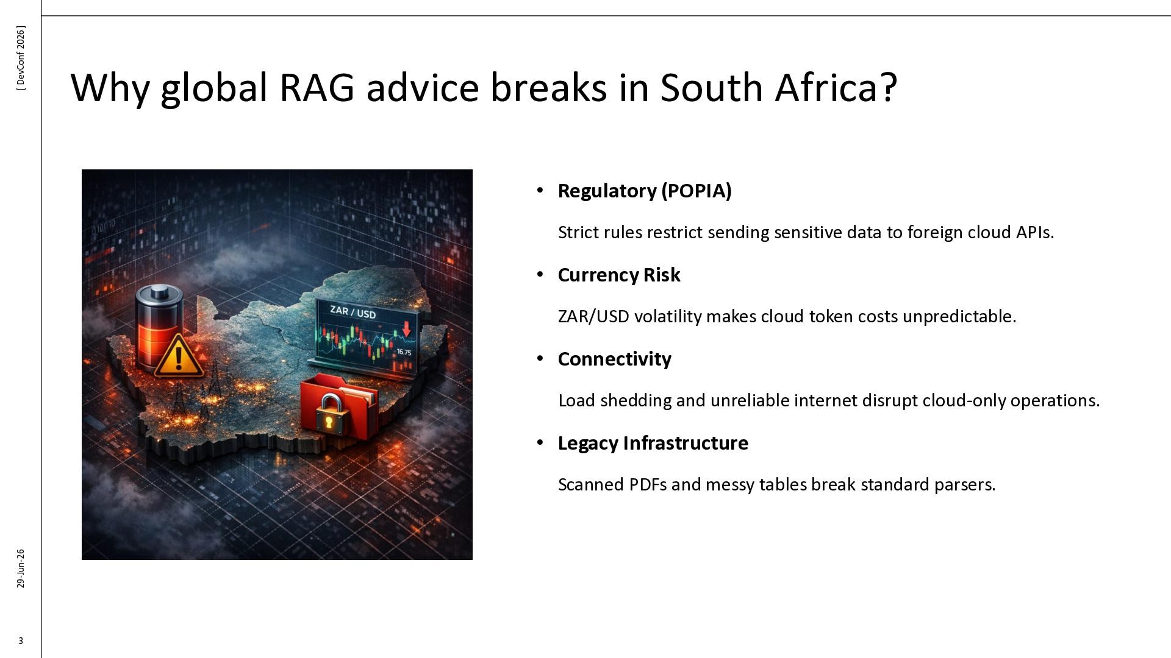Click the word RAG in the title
[x=317, y=87]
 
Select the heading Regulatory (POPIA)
[x=645, y=191]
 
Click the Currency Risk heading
[x=619, y=275]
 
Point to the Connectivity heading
[x=615, y=359]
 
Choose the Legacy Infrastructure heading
[x=653, y=443]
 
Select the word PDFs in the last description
[x=648, y=484]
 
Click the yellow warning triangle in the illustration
[x=178, y=356]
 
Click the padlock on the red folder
[x=329, y=414]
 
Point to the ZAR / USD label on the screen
[x=353, y=313]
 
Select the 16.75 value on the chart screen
[x=404, y=352]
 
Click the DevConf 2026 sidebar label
[x=21, y=58]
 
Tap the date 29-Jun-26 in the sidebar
[x=21, y=568]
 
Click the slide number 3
[x=21, y=640]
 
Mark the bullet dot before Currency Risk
[x=540, y=275]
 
